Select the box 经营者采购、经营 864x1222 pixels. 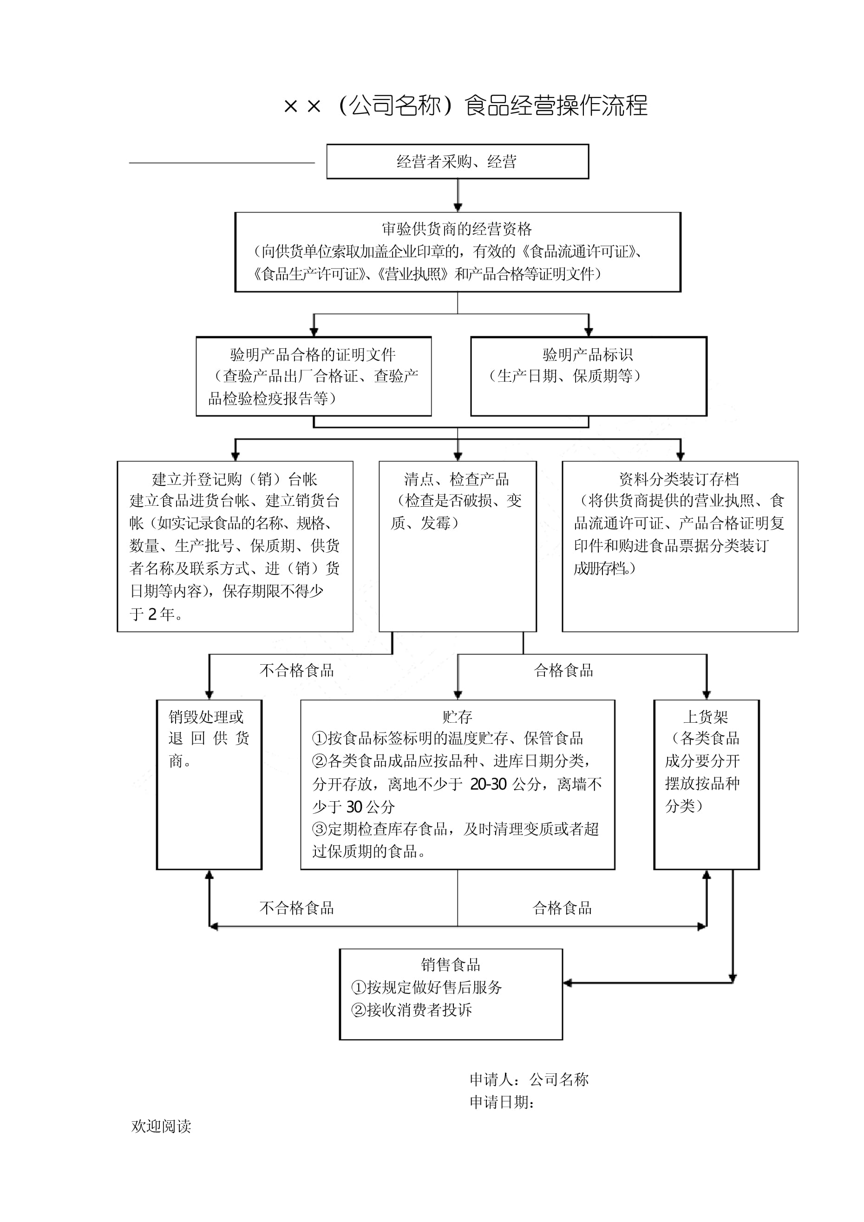[x=457, y=161]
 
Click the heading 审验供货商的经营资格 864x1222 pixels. [x=457, y=229]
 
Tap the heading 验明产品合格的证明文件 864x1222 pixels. [x=313, y=354]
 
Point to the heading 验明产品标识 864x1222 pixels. [x=587, y=354]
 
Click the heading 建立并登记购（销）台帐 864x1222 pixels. [x=234, y=479]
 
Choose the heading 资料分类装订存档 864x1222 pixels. [x=679, y=479]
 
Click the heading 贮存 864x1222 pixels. [x=457, y=717]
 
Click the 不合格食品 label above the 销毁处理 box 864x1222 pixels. [x=296, y=671]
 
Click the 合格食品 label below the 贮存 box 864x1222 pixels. [x=562, y=908]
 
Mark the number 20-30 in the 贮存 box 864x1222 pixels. [x=488, y=784]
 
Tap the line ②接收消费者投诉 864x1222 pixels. [x=412, y=1010]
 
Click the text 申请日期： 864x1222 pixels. [x=502, y=1102]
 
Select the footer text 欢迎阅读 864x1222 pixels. [x=161, y=1126]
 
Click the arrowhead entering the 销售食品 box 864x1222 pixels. [x=568, y=983]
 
